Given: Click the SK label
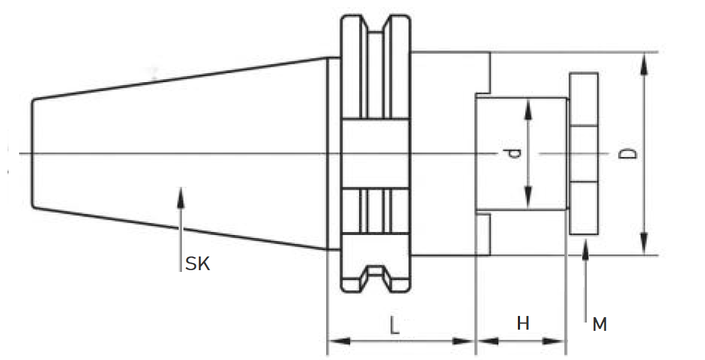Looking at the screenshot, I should pyautogui.click(x=198, y=264).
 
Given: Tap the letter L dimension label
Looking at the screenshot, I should pyautogui.click(x=395, y=325).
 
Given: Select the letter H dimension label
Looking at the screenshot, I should pyautogui.click(x=523, y=323).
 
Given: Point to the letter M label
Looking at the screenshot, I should pyautogui.click(x=600, y=324).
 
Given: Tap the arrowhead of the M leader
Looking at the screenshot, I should pyautogui.click(x=587, y=247).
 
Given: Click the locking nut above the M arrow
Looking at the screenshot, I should pyautogui.click(x=584, y=154).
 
